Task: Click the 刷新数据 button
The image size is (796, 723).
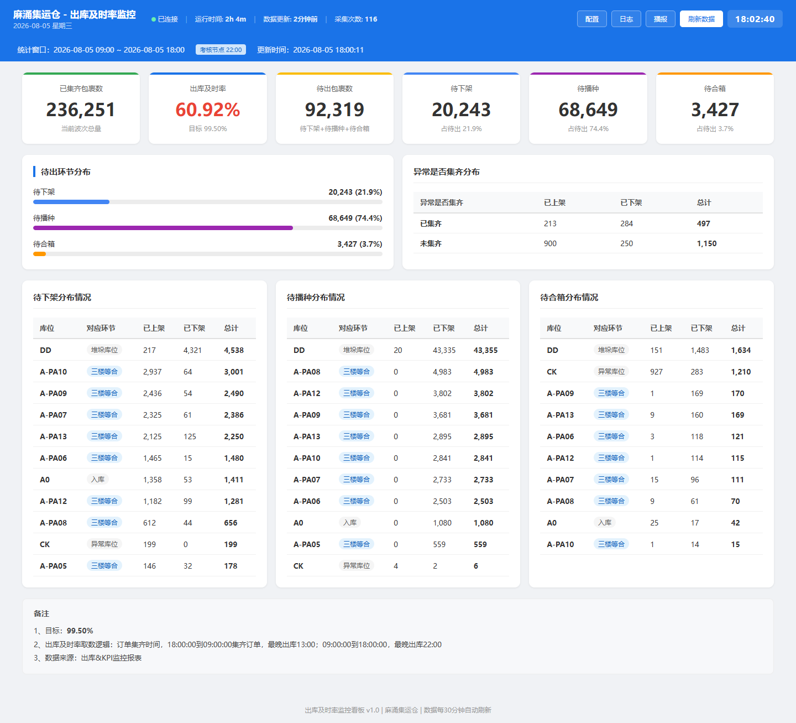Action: click(x=701, y=19)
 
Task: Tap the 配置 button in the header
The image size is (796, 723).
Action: click(x=591, y=19)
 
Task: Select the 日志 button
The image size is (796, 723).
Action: click(x=626, y=19)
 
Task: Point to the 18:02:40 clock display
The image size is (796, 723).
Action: click(x=755, y=19)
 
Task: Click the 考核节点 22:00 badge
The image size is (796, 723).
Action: click(x=221, y=50)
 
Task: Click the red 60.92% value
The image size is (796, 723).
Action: click(x=207, y=110)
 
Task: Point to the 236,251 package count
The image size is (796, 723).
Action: click(x=81, y=110)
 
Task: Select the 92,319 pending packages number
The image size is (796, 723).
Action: click(x=334, y=110)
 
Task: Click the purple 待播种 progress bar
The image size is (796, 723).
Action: click(x=163, y=228)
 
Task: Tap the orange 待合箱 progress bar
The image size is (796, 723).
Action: click(x=40, y=254)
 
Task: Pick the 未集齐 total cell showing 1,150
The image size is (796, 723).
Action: click(x=706, y=243)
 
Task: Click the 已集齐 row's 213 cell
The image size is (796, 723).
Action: click(x=550, y=223)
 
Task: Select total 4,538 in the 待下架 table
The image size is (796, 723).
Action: click(x=234, y=350)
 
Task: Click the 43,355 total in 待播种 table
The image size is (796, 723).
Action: click(x=485, y=350)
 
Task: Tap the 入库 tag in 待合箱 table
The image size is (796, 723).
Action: click(x=605, y=522)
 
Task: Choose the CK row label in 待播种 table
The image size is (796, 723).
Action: click(x=298, y=566)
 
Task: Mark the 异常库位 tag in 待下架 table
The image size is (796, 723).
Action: click(x=104, y=544)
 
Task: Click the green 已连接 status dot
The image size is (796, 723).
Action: click(x=154, y=19)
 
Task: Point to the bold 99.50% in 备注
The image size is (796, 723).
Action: click(x=80, y=631)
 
